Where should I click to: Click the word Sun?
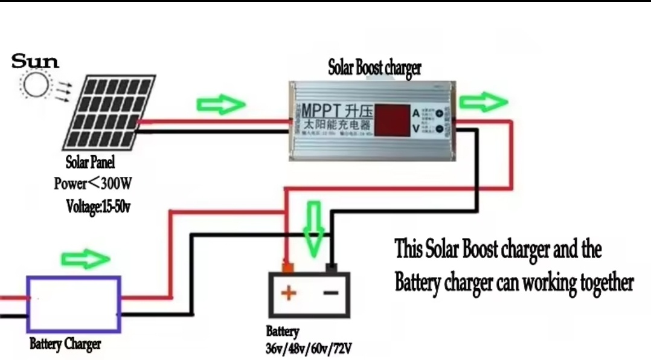tap(36, 61)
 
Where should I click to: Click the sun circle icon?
tap(36, 85)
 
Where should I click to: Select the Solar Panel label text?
tap(90, 162)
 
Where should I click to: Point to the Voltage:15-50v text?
tap(98, 206)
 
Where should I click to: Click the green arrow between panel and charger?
tap(221, 104)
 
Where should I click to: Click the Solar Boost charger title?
tap(374, 68)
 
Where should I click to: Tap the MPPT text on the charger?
tap(321, 112)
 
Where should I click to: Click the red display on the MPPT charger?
tap(393, 120)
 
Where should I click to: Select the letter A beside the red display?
tap(416, 113)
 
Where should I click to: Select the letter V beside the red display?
tap(416, 128)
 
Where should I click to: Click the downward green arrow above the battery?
tap(314, 228)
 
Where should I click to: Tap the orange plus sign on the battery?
tap(289, 294)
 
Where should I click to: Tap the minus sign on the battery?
tap(330, 294)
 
